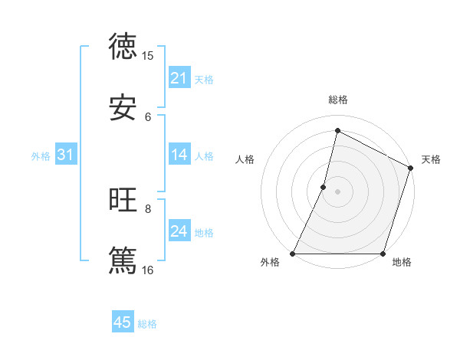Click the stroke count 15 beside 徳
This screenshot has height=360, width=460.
148,56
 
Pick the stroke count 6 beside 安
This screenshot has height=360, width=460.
148,116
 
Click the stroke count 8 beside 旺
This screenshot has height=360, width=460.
148,208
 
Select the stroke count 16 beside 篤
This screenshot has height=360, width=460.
148,270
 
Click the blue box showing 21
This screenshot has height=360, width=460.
179,78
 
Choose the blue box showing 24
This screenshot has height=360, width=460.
179,231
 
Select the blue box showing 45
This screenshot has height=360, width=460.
123,322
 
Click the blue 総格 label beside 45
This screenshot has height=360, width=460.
147,324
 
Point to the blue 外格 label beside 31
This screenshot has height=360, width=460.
41,156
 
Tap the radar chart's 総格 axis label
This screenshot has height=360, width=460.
337,100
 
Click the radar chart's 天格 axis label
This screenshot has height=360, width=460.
431,159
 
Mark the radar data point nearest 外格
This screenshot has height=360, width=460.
293,254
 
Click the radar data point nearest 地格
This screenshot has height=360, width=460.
383,254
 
